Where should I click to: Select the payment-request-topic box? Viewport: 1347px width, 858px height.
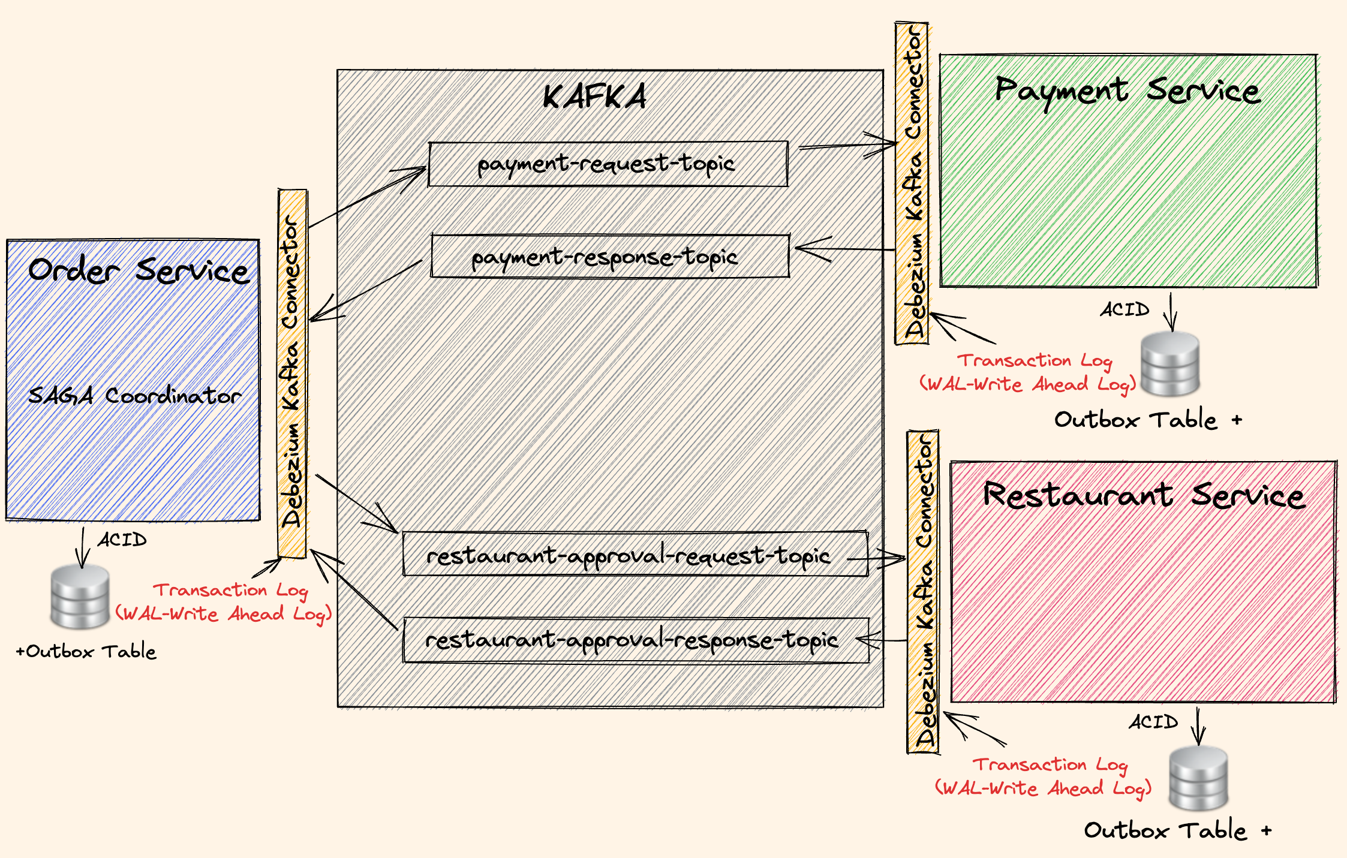[x=608, y=164]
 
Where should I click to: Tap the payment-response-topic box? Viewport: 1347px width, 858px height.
[x=609, y=257]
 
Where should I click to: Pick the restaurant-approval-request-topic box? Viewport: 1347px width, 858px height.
[x=635, y=555]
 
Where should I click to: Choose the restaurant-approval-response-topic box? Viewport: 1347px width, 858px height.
[x=636, y=640]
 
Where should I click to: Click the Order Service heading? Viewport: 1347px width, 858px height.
[x=138, y=270]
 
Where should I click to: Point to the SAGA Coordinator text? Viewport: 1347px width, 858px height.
[x=135, y=396]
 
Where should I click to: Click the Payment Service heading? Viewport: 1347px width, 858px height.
[x=1127, y=91]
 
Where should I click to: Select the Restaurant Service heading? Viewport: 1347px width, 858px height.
[x=1143, y=496]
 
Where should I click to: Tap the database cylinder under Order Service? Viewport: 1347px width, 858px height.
[x=80, y=597]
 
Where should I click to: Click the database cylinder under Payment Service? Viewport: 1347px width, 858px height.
[x=1169, y=364]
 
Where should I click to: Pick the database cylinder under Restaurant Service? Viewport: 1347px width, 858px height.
[x=1198, y=778]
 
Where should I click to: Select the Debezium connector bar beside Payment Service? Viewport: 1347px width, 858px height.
[x=912, y=183]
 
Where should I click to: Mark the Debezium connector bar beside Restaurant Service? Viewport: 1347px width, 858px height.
[x=923, y=591]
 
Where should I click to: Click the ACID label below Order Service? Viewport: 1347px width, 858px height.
[x=122, y=540]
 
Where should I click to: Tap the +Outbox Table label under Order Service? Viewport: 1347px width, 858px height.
[x=86, y=651]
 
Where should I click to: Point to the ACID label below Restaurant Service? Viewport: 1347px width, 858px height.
[x=1153, y=722]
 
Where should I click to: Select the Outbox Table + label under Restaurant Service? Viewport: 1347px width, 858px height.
[x=1177, y=830]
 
